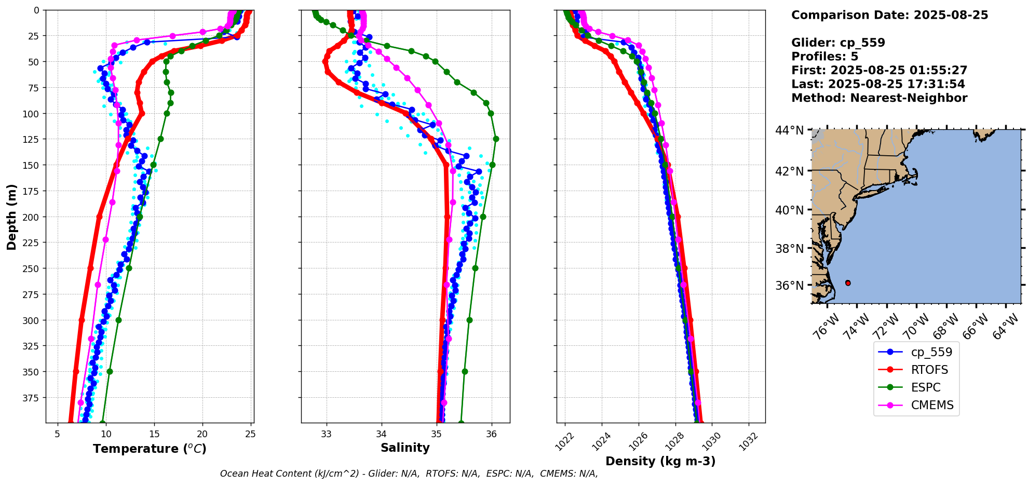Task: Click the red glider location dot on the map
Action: tap(848, 283)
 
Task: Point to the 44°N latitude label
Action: tap(790, 130)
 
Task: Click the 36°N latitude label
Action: tap(790, 286)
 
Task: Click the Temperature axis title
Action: tap(150, 449)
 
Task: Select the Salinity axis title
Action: tap(405, 448)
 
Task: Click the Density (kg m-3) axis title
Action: tap(660, 461)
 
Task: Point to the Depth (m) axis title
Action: tap(12, 217)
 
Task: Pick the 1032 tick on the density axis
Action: tap(750, 441)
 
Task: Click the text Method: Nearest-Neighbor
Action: tap(879, 98)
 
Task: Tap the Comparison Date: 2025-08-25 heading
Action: tap(889, 15)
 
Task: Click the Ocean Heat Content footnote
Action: tap(409, 474)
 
